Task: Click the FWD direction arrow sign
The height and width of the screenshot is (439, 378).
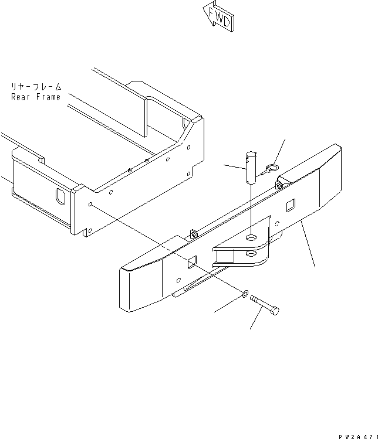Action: click(x=218, y=17)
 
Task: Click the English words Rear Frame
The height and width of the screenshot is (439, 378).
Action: click(x=35, y=97)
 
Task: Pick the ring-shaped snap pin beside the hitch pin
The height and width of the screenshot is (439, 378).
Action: click(x=270, y=169)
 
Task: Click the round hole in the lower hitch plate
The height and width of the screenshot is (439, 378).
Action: click(x=251, y=254)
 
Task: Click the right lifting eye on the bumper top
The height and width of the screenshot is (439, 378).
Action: click(x=279, y=185)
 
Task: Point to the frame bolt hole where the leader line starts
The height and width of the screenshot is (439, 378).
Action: click(x=91, y=205)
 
